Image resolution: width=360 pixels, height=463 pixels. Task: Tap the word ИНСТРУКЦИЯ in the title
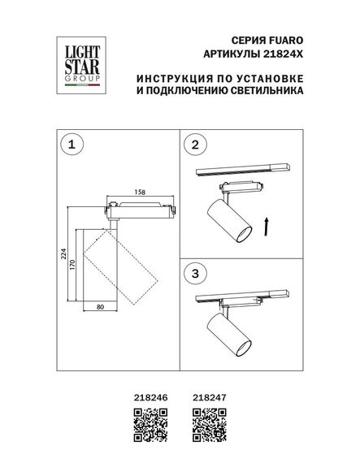[171, 79]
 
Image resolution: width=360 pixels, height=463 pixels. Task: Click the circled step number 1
[74, 145]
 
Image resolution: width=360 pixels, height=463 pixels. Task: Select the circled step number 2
[193, 145]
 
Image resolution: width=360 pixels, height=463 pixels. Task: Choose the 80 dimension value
[101, 307]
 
